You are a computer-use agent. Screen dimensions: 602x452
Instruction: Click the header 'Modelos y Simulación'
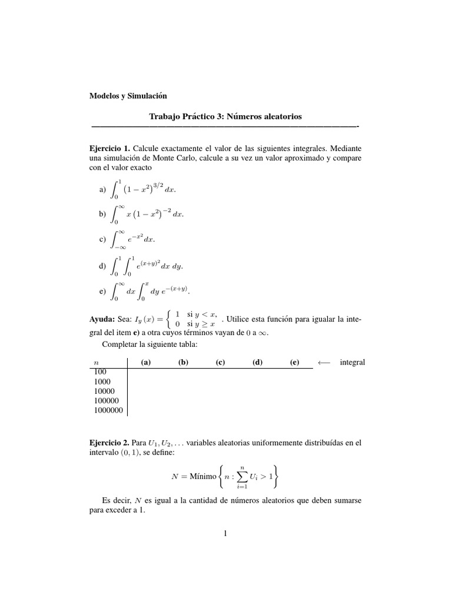click(128, 95)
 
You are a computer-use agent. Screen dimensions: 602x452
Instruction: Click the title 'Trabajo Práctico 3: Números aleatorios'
click(225, 116)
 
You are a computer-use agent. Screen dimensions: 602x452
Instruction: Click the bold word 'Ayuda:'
click(101, 318)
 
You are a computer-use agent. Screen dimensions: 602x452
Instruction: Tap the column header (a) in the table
click(147, 362)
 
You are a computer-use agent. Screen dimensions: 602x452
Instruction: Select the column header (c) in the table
click(220, 362)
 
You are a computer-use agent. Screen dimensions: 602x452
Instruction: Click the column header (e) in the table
click(294, 362)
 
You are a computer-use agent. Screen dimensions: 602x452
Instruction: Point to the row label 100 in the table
click(100, 372)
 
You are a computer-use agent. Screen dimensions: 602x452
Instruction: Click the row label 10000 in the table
click(104, 391)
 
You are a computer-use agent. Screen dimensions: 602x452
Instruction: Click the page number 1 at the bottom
click(225, 534)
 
